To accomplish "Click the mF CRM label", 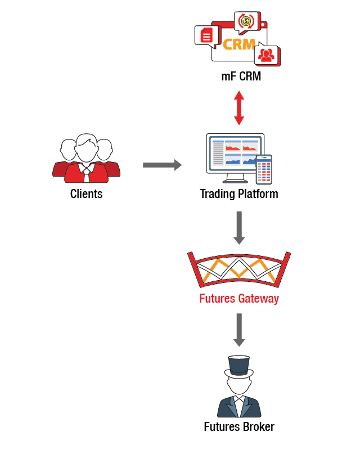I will (x=241, y=76).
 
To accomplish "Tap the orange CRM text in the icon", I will (x=239, y=44).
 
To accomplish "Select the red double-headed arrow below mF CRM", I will (x=239, y=109).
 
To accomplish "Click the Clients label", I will (x=86, y=194).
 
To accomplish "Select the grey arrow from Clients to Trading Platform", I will (x=162, y=165).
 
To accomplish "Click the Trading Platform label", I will (x=238, y=194).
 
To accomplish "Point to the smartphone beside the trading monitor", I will (x=264, y=169).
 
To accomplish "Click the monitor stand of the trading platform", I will (x=234, y=178).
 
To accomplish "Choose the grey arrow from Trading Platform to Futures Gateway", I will (x=239, y=227).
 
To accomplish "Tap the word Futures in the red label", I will (x=217, y=298).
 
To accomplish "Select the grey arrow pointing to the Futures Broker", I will (x=239, y=330).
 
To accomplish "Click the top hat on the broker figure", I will (x=239, y=366).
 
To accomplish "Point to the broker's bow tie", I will (x=239, y=398).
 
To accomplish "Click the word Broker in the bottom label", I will (x=258, y=427).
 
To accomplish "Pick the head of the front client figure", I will (x=86, y=149).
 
